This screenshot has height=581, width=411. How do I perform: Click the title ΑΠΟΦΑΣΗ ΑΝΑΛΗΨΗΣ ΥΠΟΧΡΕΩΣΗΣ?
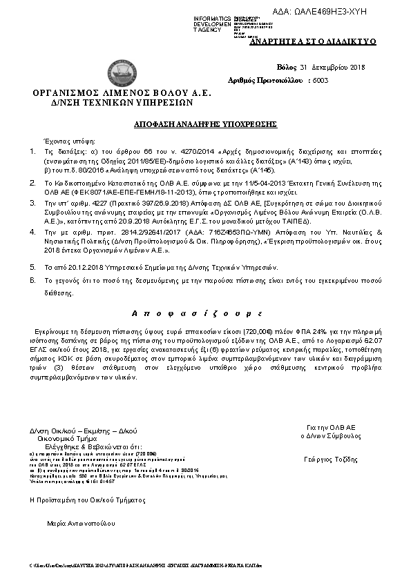pyautogui.click(x=205, y=124)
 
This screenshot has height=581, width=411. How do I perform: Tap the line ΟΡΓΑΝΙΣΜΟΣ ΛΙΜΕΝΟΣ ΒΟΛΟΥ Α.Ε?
pyautogui.click(x=122, y=92)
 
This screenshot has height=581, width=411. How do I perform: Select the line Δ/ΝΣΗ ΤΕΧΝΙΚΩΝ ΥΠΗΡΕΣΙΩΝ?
pyautogui.click(x=122, y=101)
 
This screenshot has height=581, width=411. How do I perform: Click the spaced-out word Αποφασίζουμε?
pyautogui.click(x=205, y=313)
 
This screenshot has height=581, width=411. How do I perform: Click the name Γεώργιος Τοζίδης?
pyautogui.click(x=330, y=459)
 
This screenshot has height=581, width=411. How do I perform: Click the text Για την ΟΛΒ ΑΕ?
pyautogui.click(x=332, y=428)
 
